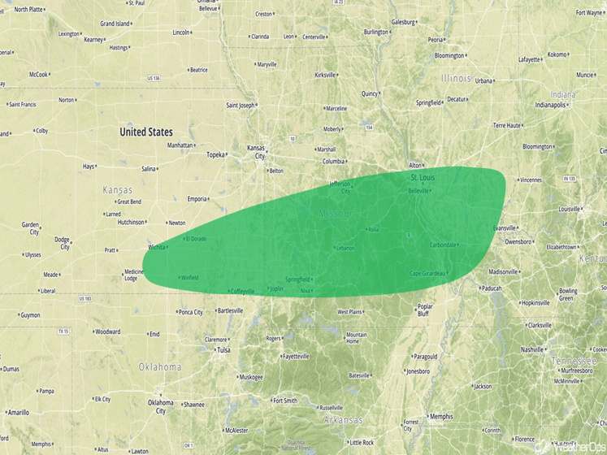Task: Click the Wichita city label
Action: click(157, 247)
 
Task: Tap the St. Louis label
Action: click(423, 177)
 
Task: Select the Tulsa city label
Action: click(223, 350)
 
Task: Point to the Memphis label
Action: click(441, 417)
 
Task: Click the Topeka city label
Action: click(215, 154)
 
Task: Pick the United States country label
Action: click(146, 132)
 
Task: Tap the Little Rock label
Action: click(362, 443)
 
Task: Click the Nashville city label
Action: click(538, 349)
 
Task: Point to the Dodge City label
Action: click(62, 242)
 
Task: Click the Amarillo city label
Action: click(18, 413)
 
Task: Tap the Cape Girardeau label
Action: click(427, 273)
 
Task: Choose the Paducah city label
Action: click(491, 288)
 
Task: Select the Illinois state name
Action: click(455, 79)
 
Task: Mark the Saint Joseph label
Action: click(241, 105)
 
